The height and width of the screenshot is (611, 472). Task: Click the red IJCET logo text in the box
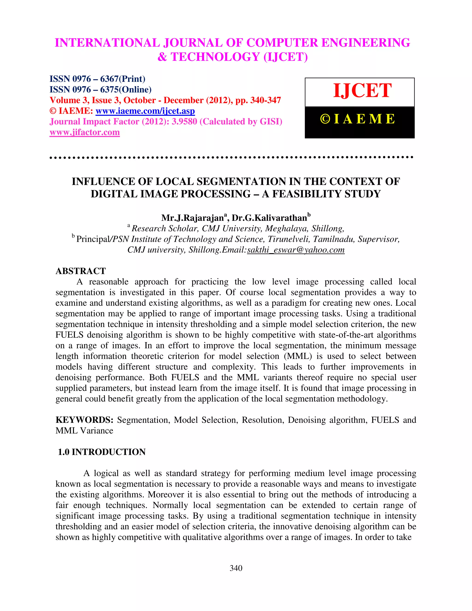point(362,91)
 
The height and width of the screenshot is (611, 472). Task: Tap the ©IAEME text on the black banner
point(358,119)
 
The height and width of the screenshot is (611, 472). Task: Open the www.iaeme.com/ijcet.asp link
point(145,111)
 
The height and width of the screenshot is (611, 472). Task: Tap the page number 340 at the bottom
point(236,568)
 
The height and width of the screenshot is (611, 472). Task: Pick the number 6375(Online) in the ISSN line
point(126,90)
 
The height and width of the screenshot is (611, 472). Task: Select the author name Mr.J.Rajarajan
point(193,218)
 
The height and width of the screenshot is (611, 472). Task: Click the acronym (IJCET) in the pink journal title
point(286,57)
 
